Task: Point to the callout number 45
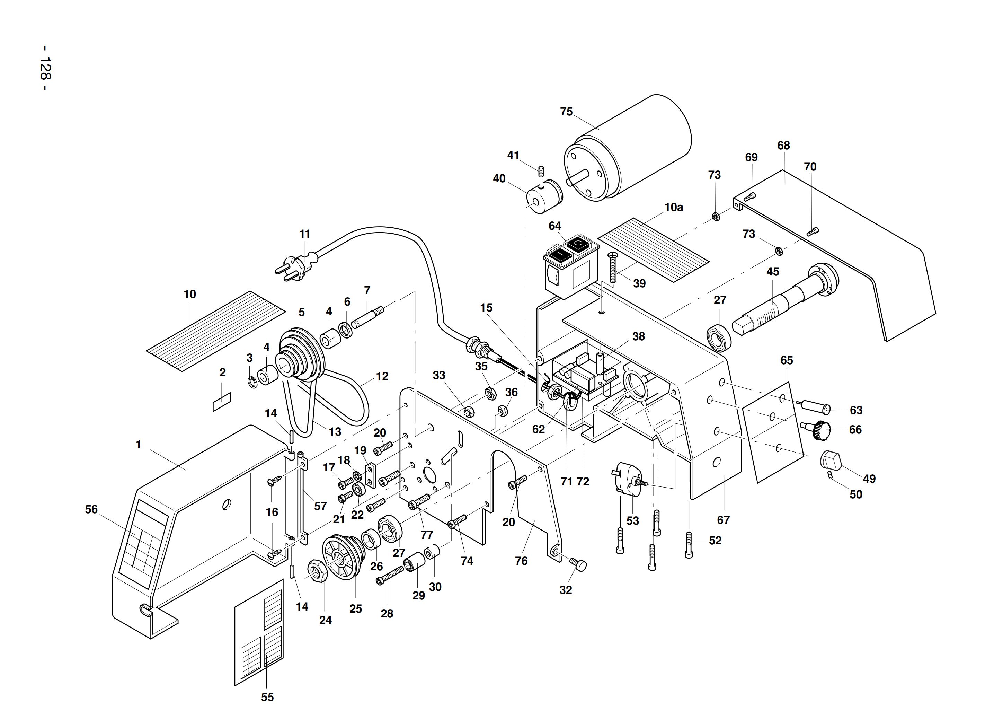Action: pyautogui.click(x=772, y=272)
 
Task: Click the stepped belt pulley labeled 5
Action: pyautogui.click(x=300, y=355)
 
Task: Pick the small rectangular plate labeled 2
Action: pyautogui.click(x=221, y=402)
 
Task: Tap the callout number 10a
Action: pyautogui.click(x=674, y=207)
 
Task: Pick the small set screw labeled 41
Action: pyautogui.click(x=542, y=171)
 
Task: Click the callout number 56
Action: pyautogui.click(x=91, y=509)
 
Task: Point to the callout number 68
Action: pyautogui.click(x=783, y=146)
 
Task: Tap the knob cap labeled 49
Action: pyautogui.click(x=831, y=461)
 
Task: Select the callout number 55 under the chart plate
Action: pyautogui.click(x=267, y=697)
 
